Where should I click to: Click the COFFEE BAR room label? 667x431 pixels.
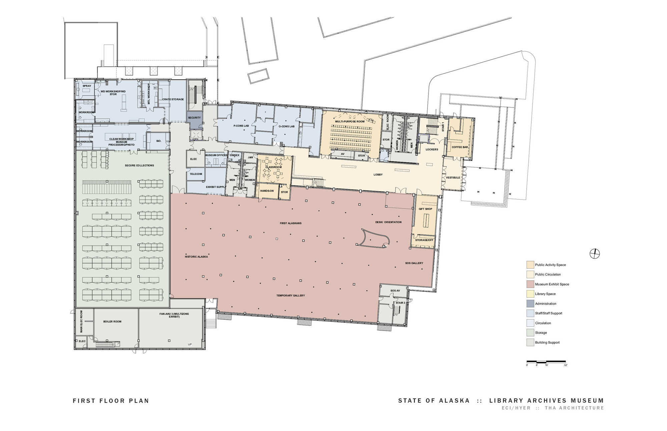click(460, 147)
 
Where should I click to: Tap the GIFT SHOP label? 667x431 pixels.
click(425, 209)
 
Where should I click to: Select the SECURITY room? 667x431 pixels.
click(194, 118)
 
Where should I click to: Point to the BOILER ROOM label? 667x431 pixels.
click(112, 322)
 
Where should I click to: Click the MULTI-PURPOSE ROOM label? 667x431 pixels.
click(350, 122)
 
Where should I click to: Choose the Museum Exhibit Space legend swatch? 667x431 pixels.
click(530, 284)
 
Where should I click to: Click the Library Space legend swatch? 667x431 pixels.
click(530, 294)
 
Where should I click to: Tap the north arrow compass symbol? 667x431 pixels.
click(595, 254)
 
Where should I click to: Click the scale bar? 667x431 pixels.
click(546, 361)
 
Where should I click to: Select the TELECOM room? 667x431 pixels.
click(196, 174)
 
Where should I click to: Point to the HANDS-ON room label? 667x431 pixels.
click(267, 191)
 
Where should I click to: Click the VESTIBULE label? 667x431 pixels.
click(453, 178)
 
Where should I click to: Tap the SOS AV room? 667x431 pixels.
click(395, 291)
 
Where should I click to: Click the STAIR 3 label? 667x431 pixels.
click(400, 303)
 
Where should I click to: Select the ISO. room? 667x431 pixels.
click(159, 141)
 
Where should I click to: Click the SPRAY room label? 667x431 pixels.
click(87, 86)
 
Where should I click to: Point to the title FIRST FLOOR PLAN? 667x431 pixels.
click(111, 401)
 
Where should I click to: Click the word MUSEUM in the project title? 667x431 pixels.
click(588, 401)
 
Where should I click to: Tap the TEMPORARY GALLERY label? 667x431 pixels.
click(290, 295)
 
